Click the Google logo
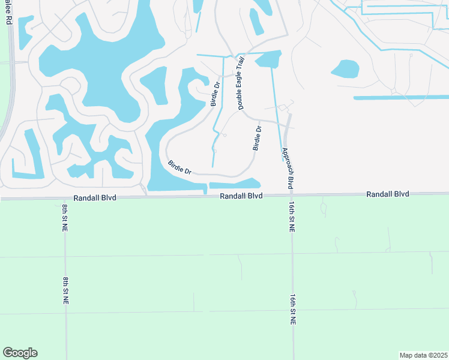(x=20, y=353)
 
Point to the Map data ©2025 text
(x=424, y=355)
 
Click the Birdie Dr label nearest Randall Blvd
(x=179, y=167)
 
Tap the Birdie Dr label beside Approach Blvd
(x=258, y=138)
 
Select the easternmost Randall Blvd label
(x=387, y=194)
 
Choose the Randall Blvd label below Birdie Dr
(x=241, y=196)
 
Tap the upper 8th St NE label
(x=64, y=218)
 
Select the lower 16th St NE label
(x=292, y=310)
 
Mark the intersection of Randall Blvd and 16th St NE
(x=291, y=194)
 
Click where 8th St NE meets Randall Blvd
(x=64, y=197)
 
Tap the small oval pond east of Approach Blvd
(x=345, y=68)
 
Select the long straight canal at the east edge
(x=401, y=97)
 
